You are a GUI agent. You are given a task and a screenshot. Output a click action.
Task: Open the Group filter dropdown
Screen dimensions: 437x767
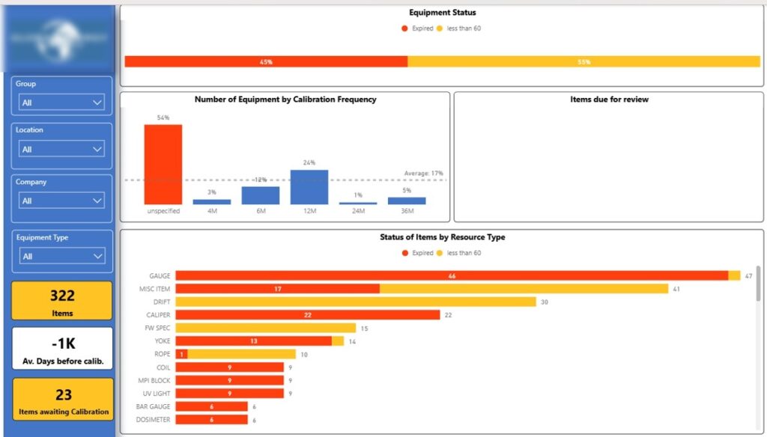pos(62,103)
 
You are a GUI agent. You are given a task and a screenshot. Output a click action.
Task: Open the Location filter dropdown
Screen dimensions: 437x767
pos(62,149)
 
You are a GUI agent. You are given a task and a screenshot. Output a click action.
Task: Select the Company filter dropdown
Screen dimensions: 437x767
pos(62,201)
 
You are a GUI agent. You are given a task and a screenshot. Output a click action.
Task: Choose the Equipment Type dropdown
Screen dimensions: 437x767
pos(62,256)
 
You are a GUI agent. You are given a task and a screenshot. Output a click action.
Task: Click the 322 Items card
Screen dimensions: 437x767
pos(63,301)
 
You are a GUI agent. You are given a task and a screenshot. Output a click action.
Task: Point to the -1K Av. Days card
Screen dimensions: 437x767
pos(63,349)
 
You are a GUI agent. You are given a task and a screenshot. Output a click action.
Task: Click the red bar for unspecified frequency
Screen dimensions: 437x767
pos(163,165)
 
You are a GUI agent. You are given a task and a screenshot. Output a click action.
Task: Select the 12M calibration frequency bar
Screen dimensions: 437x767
pos(309,187)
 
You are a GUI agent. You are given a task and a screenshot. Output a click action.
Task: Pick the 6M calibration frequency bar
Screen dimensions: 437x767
pos(260,195)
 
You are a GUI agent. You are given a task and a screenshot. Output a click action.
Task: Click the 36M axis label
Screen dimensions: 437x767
pos(406,212)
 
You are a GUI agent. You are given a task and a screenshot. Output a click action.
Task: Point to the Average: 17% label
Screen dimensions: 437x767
pos(423,174)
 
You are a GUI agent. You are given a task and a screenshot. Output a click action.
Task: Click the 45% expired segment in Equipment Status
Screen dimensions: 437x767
pos(266,61)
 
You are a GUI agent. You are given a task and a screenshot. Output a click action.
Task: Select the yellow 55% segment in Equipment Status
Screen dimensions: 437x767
pos(583,61)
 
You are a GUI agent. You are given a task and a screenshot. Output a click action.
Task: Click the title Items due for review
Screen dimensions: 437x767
pos(609,100)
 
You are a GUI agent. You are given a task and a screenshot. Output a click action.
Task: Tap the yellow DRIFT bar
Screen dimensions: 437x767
pos(356,302)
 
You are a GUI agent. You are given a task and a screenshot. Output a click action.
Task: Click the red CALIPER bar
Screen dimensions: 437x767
pos(307,315)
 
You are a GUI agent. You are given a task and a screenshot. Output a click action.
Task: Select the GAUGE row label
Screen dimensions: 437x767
pos(160,276)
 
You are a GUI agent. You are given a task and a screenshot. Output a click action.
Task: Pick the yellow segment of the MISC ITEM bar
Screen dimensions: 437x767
pos(524,289)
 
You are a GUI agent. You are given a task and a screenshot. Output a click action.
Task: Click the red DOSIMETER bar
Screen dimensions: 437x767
pos(211,420)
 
